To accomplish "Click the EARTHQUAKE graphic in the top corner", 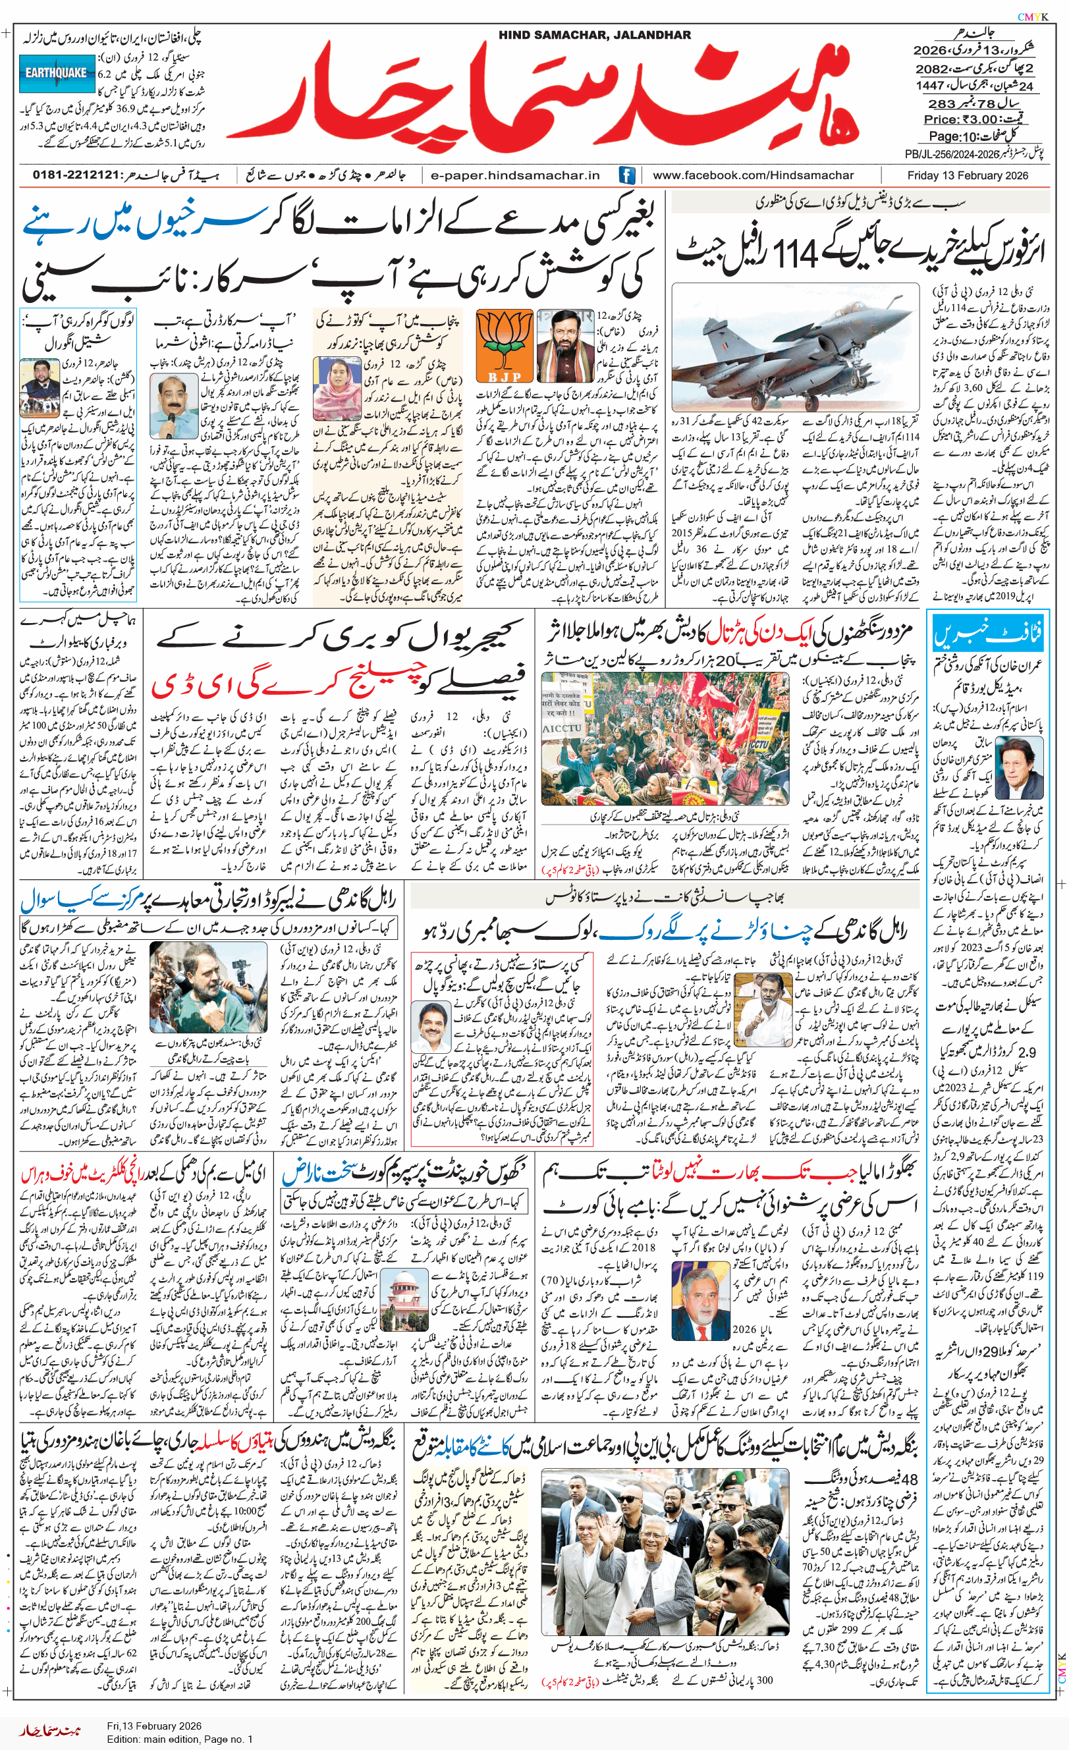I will tap(57, 73).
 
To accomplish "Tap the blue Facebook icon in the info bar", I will tap(627, 175).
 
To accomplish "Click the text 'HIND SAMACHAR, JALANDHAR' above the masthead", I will tap(594, 35).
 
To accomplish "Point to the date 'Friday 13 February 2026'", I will tap(968, 175).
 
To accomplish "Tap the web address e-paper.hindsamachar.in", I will tap(515, 175).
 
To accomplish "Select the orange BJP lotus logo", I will tap(505, 346).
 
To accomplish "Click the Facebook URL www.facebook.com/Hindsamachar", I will tap(754, 175).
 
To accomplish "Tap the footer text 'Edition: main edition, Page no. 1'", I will tap(180, 1739).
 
